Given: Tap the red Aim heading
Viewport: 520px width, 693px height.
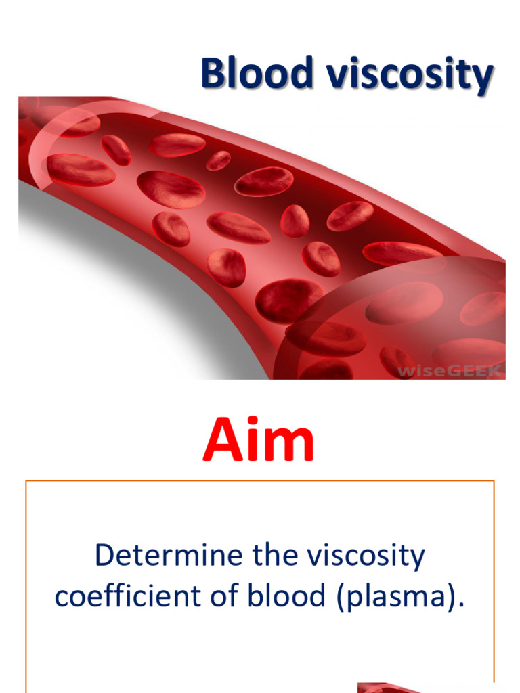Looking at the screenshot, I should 259,439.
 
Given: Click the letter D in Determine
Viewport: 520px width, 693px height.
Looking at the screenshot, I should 104,556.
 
